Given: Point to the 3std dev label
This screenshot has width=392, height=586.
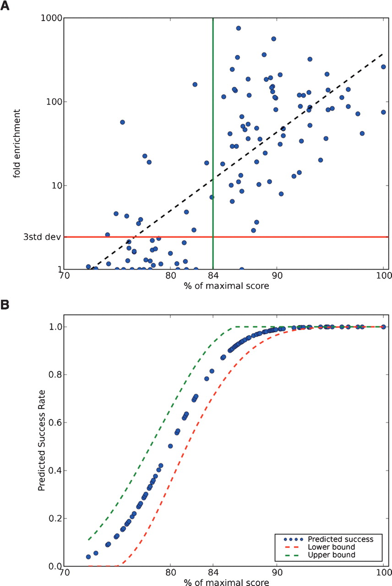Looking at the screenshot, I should point(40,237).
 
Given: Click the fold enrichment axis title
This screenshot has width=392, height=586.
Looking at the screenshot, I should point(17,143).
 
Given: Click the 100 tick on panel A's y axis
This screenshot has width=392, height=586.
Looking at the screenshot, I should point(54,102).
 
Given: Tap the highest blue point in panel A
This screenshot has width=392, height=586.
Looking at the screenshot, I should point(238,28).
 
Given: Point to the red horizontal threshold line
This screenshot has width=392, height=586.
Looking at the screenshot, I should point(298,237).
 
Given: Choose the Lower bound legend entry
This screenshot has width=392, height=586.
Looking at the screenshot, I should point(325,547).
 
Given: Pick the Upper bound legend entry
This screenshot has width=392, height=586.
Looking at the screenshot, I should point(325,555).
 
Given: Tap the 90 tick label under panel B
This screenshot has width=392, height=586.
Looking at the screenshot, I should point(277,573).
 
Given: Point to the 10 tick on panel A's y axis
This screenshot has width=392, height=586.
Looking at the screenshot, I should point(55,185).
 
